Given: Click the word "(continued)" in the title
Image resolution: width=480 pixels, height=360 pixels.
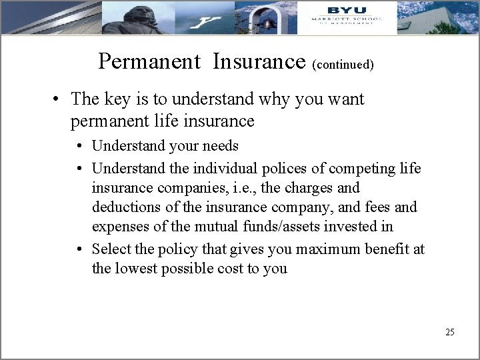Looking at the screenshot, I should pos(343,65).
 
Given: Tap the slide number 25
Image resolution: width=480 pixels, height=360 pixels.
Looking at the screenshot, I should pos(449,332).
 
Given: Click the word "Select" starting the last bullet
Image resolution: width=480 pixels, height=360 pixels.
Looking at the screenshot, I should pos(111,249).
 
